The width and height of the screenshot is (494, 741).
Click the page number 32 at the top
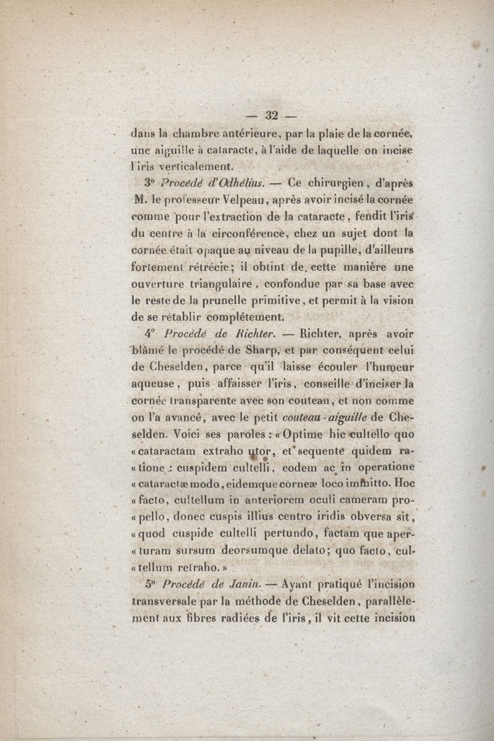pyautogui.click(x=272, y=115)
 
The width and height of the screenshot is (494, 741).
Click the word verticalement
pyautogui.click(x=193, y=165)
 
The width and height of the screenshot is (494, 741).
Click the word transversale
pyautogui.click(x=168, y=599)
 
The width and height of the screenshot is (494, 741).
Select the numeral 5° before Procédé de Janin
pyautogui.click(x=148, y=582)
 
